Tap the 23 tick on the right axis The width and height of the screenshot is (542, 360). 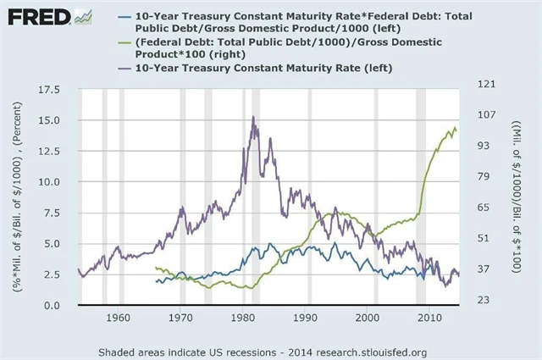click(477, 300)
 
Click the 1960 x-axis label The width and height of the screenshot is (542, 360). click(119, 318)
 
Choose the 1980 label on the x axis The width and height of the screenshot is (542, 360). click(243, 318)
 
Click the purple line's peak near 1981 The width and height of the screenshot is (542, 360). click(253, 117)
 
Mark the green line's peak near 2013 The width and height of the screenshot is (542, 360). click(455, 128)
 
